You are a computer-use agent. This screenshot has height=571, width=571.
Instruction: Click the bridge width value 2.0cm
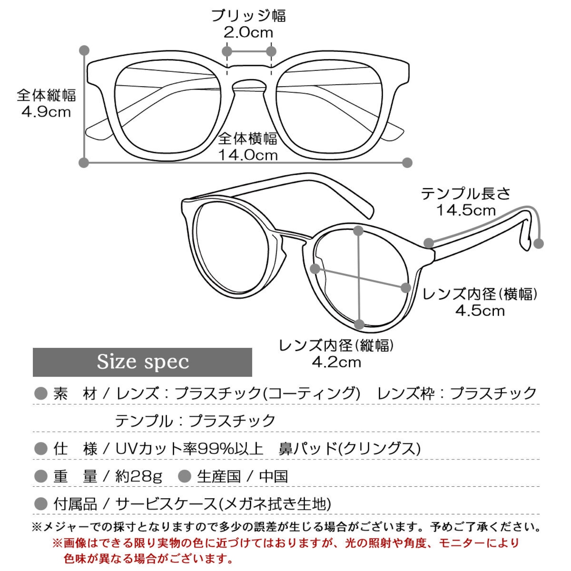click(248, 33)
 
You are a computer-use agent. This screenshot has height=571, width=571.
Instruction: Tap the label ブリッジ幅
click(248, 16)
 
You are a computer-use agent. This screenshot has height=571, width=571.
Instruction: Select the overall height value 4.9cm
click(46, 112)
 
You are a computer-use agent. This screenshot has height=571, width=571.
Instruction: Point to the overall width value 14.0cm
click(248, 155)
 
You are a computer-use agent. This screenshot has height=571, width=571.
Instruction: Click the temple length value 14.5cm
click(466, 211)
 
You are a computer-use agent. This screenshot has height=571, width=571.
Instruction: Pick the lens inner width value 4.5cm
click(480, 311)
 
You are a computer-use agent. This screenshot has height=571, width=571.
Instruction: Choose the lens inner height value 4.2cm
click(336, 362)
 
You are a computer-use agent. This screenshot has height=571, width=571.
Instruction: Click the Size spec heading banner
click(142, 362)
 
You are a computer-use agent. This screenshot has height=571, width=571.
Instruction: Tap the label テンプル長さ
click(466, 194)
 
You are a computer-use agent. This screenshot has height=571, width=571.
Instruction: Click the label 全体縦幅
click(46, 95)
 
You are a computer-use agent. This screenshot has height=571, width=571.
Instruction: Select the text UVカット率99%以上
click(189, 449)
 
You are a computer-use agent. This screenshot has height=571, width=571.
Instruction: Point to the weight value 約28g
click(139, 477)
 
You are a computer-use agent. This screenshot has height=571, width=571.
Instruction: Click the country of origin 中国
click(273, 476)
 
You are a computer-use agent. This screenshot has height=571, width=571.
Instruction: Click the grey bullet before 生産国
click(185, 476)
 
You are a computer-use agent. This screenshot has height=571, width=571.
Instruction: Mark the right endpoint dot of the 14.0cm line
click(407, 162)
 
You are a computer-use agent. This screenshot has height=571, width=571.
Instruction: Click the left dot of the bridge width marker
click(227, 51)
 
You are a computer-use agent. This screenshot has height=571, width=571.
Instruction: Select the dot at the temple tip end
click(538, 244)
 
